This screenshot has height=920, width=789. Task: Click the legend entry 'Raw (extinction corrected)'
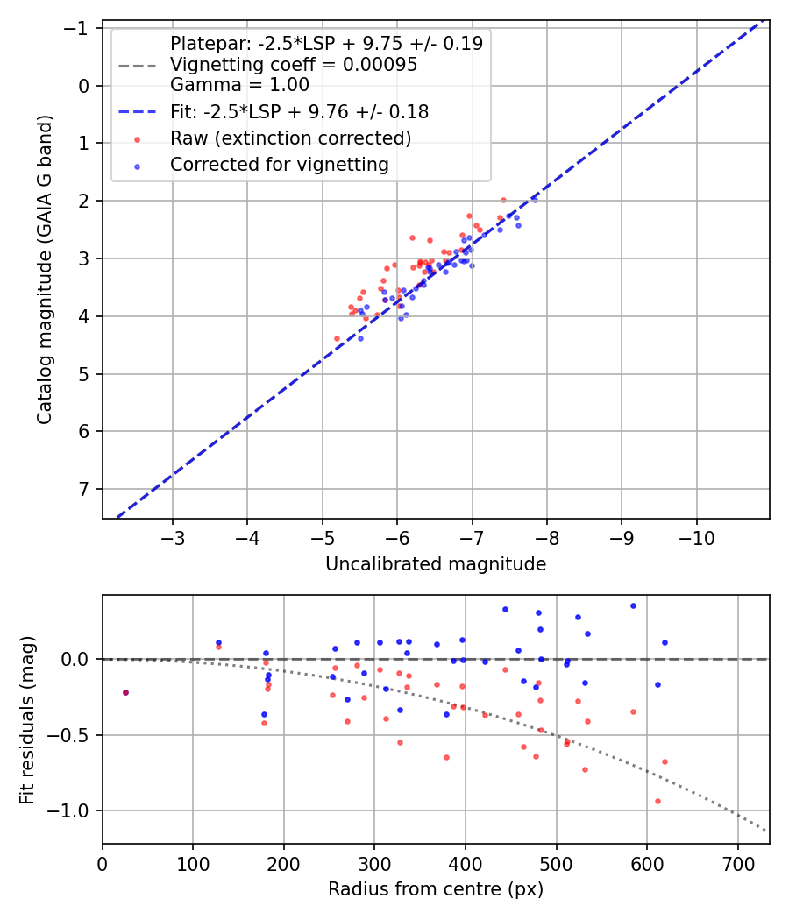click(x=290, y=138)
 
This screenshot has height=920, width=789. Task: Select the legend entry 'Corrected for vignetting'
click(x=280, y=165)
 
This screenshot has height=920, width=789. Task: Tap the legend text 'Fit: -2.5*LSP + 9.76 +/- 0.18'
click(x=299, y=112)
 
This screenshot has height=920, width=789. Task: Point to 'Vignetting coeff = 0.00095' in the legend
click(x=294, y=65)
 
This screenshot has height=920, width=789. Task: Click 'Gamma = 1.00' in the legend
click(x=239, y=85)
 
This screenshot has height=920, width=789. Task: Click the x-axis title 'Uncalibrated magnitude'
click(x=436, y=564)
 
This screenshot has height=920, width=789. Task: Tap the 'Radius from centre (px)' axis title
click(x=436, y=889)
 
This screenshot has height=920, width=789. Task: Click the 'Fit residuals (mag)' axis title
click(x=27, y=720)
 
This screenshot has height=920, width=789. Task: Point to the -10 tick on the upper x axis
click(x=697, y=535)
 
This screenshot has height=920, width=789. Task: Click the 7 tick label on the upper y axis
click(x=85, y=489)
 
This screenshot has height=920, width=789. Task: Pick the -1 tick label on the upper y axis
click(x=80, y=28)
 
